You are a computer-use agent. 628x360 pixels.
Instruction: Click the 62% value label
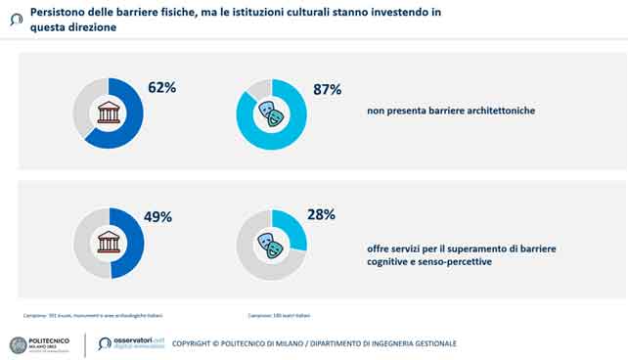click(162, 89)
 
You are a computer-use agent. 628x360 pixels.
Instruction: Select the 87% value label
click(327, 90)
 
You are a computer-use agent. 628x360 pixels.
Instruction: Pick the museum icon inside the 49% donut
click(109, 243)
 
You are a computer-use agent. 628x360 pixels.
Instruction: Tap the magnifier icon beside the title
click(15, 18)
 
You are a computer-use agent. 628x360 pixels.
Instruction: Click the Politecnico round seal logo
click(19, 344)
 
